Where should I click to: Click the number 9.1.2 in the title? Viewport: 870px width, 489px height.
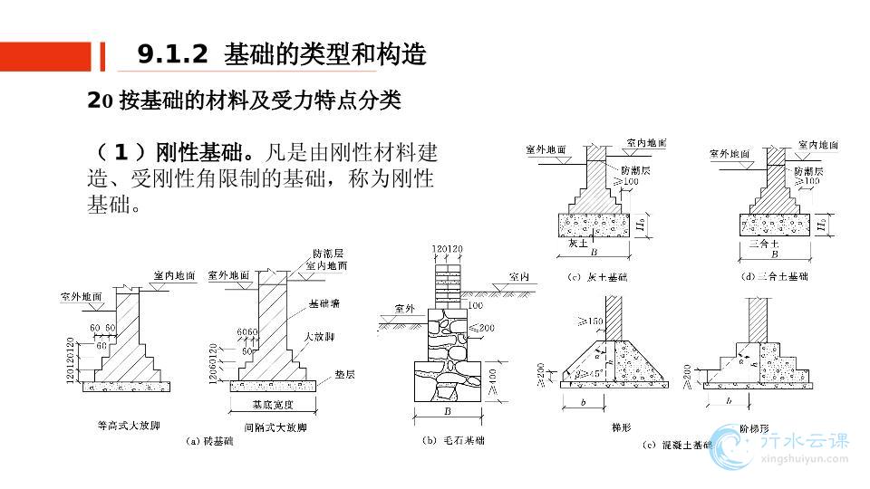172,55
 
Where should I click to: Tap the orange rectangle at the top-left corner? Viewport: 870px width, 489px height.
45,55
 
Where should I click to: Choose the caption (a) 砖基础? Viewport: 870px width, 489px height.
209,442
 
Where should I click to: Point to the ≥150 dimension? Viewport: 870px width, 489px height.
592,321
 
